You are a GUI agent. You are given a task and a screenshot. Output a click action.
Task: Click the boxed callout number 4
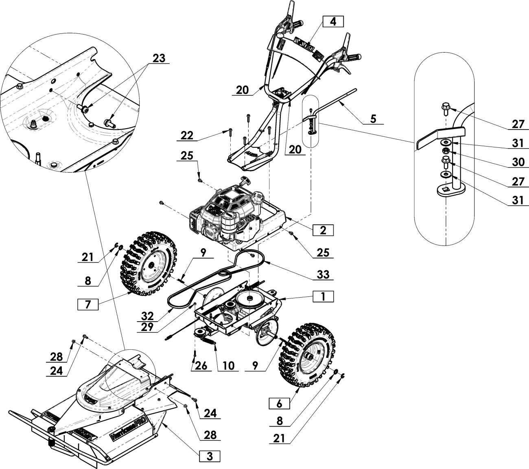(x=333, y=22)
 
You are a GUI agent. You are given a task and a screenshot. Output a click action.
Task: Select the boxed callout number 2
(x=323, y=230)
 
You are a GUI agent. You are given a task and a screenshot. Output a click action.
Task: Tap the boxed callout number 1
(x=323, y=296)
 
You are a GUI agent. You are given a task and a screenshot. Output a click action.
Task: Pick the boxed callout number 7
(x=88, y=303)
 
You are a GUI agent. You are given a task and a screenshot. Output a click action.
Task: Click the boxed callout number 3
(x=209, y=456)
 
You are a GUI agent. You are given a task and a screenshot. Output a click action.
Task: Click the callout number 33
(x=323, y=275)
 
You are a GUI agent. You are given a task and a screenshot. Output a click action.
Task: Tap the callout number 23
(x=159, y=58)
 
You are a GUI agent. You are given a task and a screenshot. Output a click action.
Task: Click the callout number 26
(x=200, y=365)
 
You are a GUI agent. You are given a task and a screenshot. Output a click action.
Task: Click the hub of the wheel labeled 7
(x=151, y=266)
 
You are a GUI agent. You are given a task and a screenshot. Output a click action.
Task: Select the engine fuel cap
(x=257, y=197)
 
